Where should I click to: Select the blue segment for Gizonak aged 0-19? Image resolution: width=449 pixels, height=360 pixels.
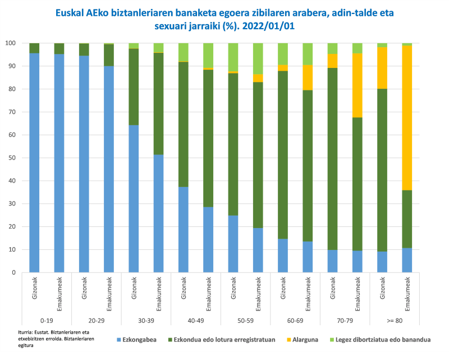(34, 163)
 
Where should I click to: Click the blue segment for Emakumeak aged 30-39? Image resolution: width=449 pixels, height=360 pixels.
(158, 213)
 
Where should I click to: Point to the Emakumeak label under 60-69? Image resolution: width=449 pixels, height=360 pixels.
(308, 294)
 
